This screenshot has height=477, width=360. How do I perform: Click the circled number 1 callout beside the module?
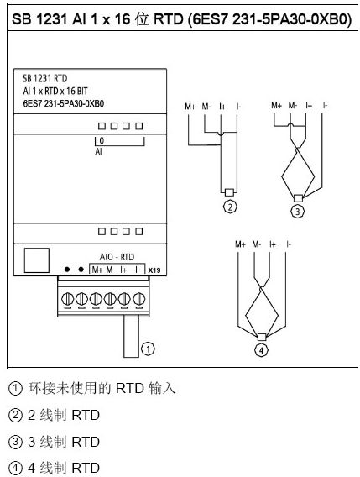pos(148,346)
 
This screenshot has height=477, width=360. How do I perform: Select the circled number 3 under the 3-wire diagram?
pos(296,212)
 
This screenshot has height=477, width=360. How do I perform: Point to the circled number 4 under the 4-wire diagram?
pos(261,350)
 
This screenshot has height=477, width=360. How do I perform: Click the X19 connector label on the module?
pos(154,270)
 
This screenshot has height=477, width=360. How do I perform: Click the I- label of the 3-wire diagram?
pos(325,106)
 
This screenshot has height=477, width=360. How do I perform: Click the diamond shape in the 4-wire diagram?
pos(261,312)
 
